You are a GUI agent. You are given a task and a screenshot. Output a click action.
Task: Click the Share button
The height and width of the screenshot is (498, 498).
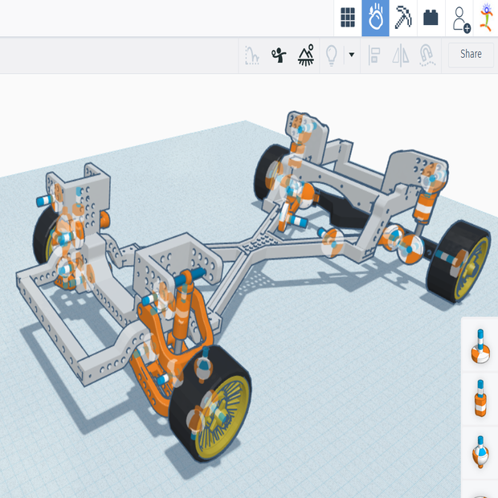tap(471, 54)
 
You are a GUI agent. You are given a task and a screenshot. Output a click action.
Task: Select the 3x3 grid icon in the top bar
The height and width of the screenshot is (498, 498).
tap(348, 17)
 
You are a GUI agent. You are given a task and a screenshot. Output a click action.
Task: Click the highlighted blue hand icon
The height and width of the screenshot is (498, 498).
tap(375, 17)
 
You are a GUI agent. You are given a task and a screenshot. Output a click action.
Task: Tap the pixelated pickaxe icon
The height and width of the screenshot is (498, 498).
tap(402, 17)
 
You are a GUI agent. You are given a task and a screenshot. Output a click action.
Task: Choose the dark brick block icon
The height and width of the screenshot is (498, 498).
tap(431, 17)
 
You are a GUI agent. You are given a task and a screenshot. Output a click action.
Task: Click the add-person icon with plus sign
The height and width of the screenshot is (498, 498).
tap(460, 18)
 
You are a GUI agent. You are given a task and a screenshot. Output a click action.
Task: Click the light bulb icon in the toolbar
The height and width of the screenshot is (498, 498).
tap(330, 55)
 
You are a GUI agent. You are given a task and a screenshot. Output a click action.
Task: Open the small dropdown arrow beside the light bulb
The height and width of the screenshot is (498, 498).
tap(351, 55)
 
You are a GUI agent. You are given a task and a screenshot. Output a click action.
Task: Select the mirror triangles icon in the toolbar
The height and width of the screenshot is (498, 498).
tap(401, 55)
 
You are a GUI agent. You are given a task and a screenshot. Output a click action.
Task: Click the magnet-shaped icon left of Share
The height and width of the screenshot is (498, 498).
tap(427, 55)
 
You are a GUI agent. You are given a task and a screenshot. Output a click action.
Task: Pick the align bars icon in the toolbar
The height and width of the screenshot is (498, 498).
tap(374, 55)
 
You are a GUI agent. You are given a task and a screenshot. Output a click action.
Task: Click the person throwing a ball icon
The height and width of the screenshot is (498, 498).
tap(279, 55)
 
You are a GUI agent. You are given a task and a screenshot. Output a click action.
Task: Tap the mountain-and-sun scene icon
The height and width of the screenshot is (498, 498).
tap(305, 55)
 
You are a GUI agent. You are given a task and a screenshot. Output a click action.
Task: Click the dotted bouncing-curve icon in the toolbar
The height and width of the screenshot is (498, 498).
tap(252, 55)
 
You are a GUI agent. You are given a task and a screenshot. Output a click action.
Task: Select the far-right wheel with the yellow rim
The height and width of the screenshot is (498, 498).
tap(462, 261)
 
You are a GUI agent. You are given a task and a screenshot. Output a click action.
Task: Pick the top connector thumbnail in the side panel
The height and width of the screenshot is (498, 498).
tap(480, 345)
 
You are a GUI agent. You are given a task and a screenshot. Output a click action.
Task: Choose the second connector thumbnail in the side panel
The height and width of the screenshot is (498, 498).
tap(480, 398)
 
